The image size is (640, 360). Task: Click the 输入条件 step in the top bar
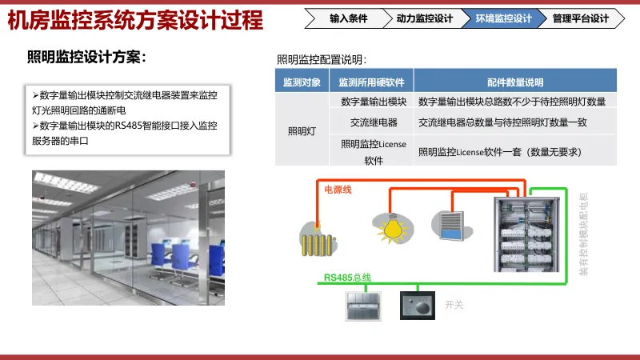tap(349, 18)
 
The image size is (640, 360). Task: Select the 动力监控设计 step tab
tap(424, 18)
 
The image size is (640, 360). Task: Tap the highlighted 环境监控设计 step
tap(503, 18)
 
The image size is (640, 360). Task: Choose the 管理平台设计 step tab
tap(580, 18)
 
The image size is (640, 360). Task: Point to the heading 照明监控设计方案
tap(86, 57)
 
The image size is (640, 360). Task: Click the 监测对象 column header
tap(302, 82)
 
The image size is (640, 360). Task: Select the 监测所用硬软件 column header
tap(371, 82)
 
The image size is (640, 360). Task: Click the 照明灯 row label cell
tap(302, 131)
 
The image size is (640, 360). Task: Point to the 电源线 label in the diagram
tap(337, 190)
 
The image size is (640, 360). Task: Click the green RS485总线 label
tap(347, 278)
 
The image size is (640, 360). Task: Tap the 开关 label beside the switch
tap(454, 304)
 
